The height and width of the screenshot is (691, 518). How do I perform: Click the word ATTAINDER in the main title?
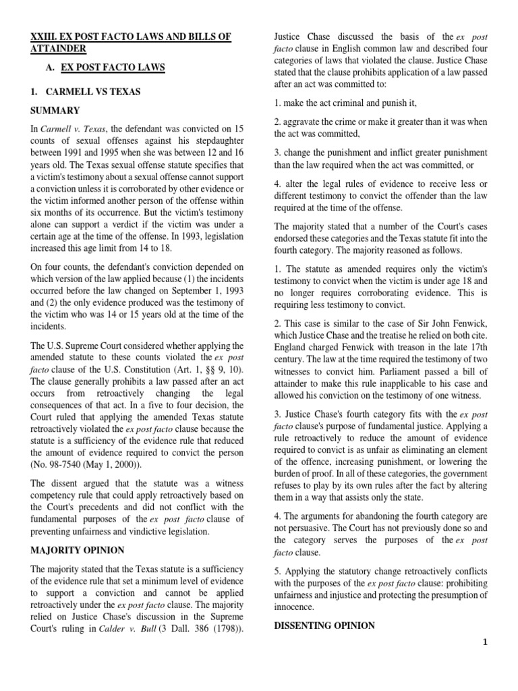(59, 49)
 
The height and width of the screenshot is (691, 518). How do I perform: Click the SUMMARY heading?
(55, 110)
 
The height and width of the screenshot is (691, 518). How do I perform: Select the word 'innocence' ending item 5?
(296, 606)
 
